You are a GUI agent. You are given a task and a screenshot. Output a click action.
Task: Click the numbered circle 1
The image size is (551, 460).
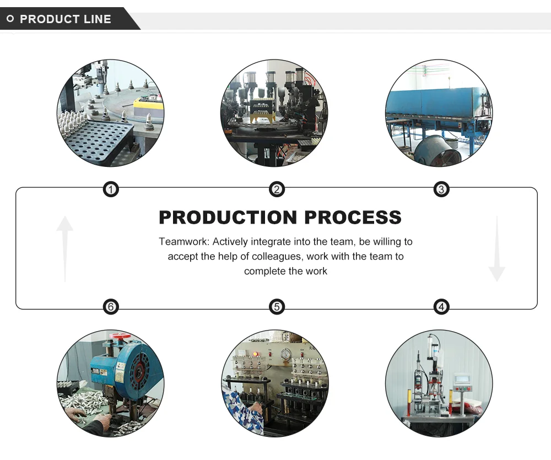click(x=111, y=190)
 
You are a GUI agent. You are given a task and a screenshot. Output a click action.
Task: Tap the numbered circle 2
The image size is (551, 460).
click(x=277, y=190)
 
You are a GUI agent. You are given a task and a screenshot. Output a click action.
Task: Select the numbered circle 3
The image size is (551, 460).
click(x=441, y=190)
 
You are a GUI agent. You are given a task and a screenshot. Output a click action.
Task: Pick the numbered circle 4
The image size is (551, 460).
click(x=441, y=307)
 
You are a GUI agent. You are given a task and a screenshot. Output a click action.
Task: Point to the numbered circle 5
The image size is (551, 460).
click(x=277, y=307)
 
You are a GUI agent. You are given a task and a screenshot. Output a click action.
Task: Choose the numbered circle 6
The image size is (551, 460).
click(x=111, y=307)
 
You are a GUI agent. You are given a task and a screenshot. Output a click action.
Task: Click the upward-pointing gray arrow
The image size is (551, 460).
click(x=64, y=249)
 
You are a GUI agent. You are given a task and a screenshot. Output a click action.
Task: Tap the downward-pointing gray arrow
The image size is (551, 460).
click(x=497, y=249)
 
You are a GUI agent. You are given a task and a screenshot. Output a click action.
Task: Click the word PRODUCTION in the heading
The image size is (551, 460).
click(x=228, y=217)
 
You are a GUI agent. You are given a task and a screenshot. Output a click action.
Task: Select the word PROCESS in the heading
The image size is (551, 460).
click(x=353, y=217)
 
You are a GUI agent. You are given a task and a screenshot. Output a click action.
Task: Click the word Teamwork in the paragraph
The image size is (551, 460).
click(x=184, y=242)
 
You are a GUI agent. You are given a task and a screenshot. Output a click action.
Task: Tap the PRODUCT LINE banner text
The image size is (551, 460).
click(x=66, y=19)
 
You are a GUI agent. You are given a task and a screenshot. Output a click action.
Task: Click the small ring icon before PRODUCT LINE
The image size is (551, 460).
click(x=10, y=19)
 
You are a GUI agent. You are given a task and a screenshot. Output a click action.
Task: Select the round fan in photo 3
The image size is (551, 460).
click(x=437, y=151)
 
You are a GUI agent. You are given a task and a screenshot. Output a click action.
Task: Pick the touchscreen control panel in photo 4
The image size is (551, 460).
click(x=461, y=380)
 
